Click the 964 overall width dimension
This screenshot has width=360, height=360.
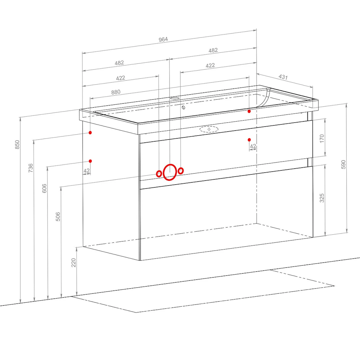coord(163,40)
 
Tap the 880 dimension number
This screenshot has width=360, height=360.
coord(116,92)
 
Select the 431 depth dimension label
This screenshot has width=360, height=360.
coord(283,77)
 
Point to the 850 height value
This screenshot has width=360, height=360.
coord(17,145)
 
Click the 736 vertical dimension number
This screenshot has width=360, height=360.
coord(31,168)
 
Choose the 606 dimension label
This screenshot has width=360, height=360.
coord(44,188)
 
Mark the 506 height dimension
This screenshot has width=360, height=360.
coord(58,216)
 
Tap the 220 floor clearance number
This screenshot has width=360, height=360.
coord(73,263)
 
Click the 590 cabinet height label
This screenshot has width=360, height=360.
coord(343,165)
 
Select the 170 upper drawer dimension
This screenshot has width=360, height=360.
coord(322,139)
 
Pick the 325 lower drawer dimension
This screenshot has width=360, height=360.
coord(322,198)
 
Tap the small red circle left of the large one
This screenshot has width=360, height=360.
coord(159,174)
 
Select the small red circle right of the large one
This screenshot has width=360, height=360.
coord(181,171)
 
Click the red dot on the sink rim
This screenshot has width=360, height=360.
coord(249,111)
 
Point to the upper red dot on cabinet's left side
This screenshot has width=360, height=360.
coord(90,132)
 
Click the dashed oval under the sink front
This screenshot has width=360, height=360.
coord(209,129)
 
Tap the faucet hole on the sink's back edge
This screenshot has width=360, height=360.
coord(175,98)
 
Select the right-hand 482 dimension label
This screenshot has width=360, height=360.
coord(213,50)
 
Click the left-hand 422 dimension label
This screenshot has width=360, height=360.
coord(121,78)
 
